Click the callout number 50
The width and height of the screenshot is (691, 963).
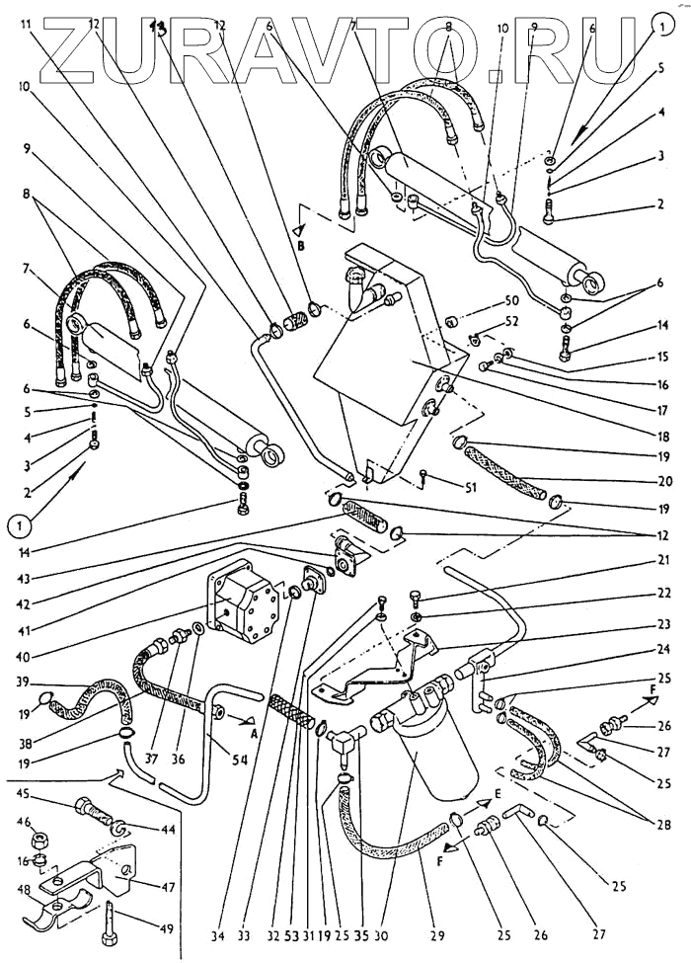(511, 299)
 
